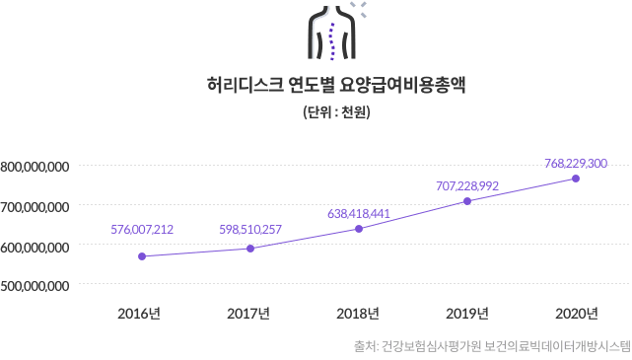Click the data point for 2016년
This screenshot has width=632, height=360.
[x=142, y=256]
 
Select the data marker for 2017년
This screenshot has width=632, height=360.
[x=250, y=249]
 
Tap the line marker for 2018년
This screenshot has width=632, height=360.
[x=359, y=229]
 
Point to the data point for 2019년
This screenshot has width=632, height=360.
[x=467, y=201]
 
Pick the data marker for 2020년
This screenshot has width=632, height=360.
[x=576, y=179]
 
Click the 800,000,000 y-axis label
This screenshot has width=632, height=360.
[x=35, y=167]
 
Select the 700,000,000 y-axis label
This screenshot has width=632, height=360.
[x=35, y=206]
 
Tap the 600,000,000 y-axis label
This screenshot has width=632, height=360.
[x=35, y=246]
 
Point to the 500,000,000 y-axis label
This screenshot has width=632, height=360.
[x=35, y=285]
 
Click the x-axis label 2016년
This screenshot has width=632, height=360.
[x=139, y=314]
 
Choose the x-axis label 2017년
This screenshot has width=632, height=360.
[x=248, y=314]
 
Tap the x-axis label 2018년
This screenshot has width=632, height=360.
[x=358, y=314]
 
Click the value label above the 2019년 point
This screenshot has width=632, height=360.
[x=467, y=184]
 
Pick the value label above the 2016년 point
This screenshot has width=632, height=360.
[x=142, y=230]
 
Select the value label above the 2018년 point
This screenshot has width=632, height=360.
[x=359, y=212]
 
